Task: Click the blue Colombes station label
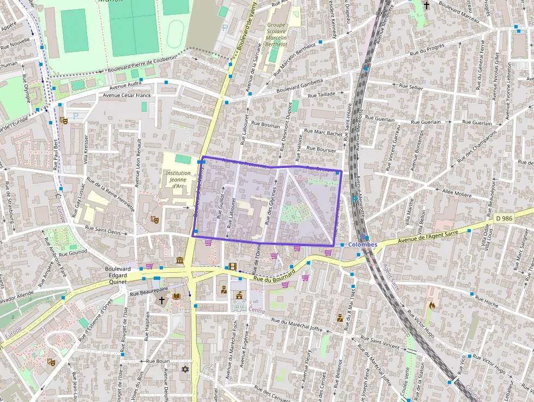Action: (x=362, y=244)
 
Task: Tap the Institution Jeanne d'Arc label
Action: (x=178, y=179)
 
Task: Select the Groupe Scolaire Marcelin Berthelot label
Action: (x=277, y=34)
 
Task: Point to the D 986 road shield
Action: (x=505, y=218)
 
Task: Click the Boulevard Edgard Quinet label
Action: (x=118, y=275)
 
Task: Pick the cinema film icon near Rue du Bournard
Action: (x=233, y=266)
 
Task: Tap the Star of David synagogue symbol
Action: (x=185, y=369)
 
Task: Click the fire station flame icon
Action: (x=433, y=305)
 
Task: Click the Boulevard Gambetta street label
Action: (x=300, y=87)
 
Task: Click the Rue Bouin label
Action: (x=159, y=361)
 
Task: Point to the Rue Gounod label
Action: (x=74, y=253)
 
